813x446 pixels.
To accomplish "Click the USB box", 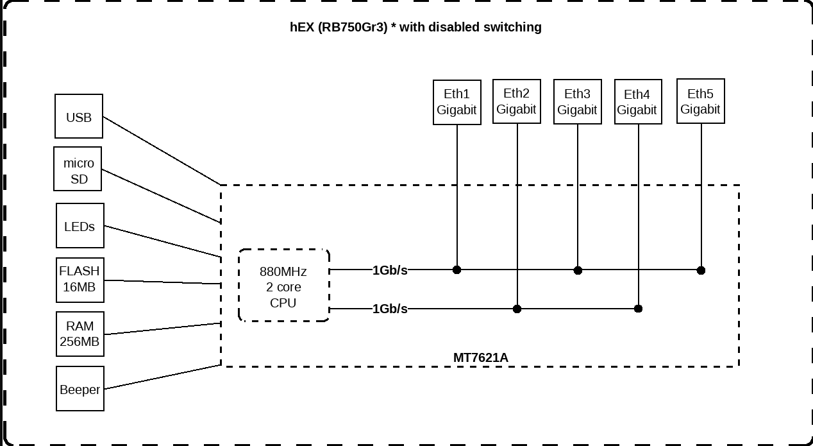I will click(x=79, y=116).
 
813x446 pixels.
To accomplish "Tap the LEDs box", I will click(x=80, y=225).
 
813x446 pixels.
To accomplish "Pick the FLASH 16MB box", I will click(x=80, y=279).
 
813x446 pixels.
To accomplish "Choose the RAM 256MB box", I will click(x=80, y=334).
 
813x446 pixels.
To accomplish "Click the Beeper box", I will click(x=80, y=388).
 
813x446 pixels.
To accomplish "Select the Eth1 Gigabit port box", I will click(x=457, y=102).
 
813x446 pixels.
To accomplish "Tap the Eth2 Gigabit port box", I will click(x=516, y=101).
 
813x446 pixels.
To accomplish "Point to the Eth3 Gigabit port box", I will click(x=577, y=102).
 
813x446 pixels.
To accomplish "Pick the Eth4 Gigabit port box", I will click(x=637, y=102).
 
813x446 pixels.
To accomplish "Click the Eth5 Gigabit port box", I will click(x=700, y=101).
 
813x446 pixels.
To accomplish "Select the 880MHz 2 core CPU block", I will click(x=283, y=286).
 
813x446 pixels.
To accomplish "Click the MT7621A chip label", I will click(x=480, y=357).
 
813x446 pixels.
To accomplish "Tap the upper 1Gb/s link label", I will click(x=390, y=270).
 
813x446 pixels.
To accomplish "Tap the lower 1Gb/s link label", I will click(x=390, y=309).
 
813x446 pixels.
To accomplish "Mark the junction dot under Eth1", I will click(x=457, y=270).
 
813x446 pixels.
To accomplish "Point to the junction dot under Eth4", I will click(x=638, y=309).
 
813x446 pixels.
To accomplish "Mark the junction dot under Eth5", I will click(x=701, y=270).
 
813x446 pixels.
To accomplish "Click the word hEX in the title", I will click(x=302, y=27).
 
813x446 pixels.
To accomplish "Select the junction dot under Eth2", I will click(x=517, y=309).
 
